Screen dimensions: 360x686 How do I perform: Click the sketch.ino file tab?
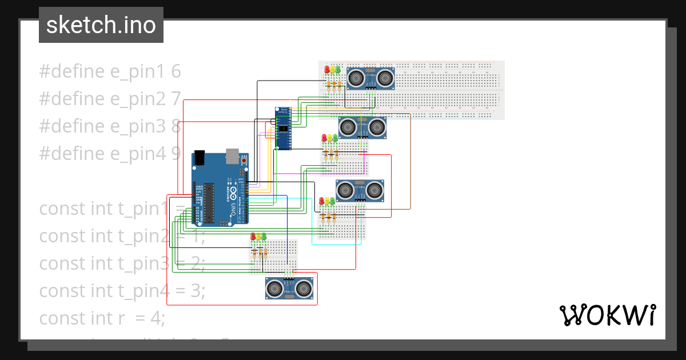coord(101,25)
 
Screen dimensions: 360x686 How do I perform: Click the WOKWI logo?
coord(607,315)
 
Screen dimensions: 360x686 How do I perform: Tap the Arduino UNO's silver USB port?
coord(233,155)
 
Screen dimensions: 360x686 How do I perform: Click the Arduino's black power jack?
coord(200,158)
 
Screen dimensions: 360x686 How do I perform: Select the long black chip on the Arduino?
coord(210,203)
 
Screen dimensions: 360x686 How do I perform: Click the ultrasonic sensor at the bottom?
coord(290,288)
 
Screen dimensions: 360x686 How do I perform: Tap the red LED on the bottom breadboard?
coord(253,236)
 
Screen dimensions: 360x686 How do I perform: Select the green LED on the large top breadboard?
coord(338,70)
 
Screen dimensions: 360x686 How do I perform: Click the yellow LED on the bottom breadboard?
coord(258,236)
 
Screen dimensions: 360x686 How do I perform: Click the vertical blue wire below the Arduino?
coord(286,234)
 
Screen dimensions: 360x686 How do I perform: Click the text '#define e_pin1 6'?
coord(110,71)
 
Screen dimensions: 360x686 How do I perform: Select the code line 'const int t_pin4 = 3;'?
coord(122,291)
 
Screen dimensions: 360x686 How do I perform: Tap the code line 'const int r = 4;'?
coord(102,318)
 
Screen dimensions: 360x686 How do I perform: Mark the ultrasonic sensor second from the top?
coord(362,127)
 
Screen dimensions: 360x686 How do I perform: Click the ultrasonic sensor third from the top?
coord(360,190)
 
